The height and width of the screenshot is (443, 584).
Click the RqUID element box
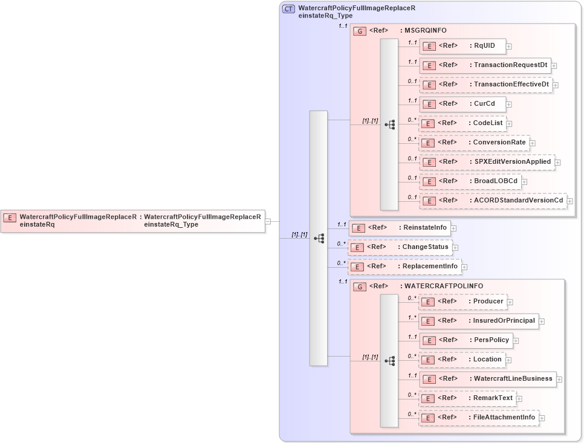tap(462, 46)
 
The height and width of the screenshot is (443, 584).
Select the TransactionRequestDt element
tap(485, 65)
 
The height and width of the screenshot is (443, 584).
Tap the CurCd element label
tap(484, 104)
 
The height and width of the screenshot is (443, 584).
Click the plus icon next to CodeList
tap(509, 123)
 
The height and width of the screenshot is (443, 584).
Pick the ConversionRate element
tap(474, 143)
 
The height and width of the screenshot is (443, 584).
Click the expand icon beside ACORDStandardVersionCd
tap(569, 201)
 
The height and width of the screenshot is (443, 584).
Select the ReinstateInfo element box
tap(400, 228)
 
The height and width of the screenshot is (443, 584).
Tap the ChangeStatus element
tap(400, 247)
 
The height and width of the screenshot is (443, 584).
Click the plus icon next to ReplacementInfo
tap(464, 267)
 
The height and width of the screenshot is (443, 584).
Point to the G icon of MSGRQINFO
tap(360, 31)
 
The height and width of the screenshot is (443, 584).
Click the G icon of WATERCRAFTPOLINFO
tap(360, 286)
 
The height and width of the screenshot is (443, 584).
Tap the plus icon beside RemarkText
tap(519, 398)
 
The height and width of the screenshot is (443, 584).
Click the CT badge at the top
tap(289, 8)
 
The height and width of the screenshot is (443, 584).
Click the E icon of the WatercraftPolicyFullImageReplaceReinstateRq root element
tap(10, 217)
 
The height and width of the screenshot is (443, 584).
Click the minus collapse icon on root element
tap(268, 221)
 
